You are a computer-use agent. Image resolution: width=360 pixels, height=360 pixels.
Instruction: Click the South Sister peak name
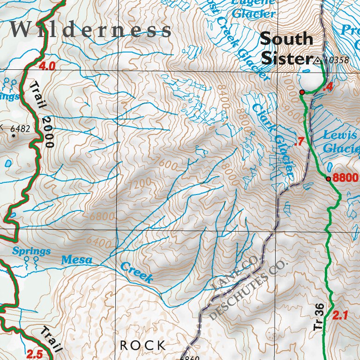click(x=286, y=49)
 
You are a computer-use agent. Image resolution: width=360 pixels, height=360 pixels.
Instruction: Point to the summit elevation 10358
click(x=337, y=60)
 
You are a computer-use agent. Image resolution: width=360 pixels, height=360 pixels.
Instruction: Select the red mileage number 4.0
click(x=47, y=66)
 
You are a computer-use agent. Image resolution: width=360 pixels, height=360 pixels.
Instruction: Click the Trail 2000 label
click(x=41, y=114)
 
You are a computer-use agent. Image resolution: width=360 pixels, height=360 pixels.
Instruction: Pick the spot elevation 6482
click(x=20, y=128)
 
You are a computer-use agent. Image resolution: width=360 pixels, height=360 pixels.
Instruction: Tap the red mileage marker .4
click(x=328, y=87)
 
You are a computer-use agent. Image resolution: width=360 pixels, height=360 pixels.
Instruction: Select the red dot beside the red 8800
click(x=328, y=179)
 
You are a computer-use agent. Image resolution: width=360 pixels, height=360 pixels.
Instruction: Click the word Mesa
click(x=77, y=259)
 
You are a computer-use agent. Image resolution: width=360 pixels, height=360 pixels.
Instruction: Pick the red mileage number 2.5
click(x=35, y=354)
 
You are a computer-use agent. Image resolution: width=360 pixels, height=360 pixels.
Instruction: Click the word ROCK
click(x=142, y=345)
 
